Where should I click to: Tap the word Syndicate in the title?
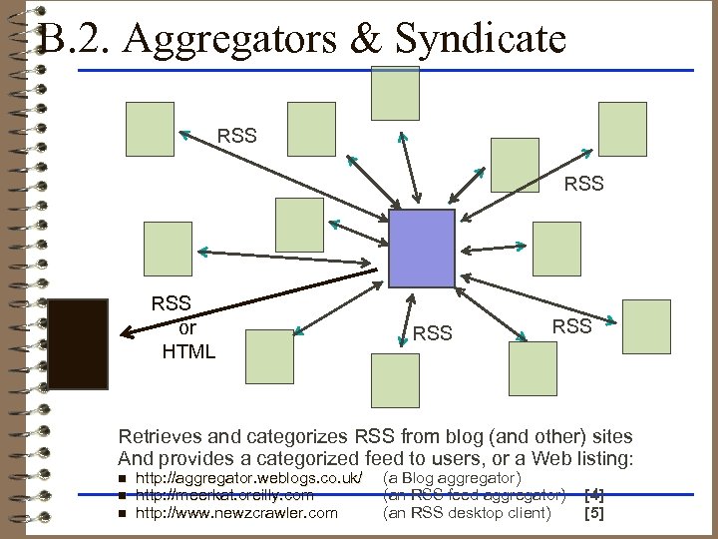pos(481,40)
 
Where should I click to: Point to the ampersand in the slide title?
pos(370,40)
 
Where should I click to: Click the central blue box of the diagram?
pos(421,249)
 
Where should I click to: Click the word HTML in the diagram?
pos(187,351)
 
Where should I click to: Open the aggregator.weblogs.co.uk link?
pos(249,478)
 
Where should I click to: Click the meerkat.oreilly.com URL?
pos(224,495)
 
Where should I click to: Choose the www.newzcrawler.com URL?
pos(236,513)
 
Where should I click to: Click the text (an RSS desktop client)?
pos(466,513)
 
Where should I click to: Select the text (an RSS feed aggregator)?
pos(475,495)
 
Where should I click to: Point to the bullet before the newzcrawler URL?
pos(122,514)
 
